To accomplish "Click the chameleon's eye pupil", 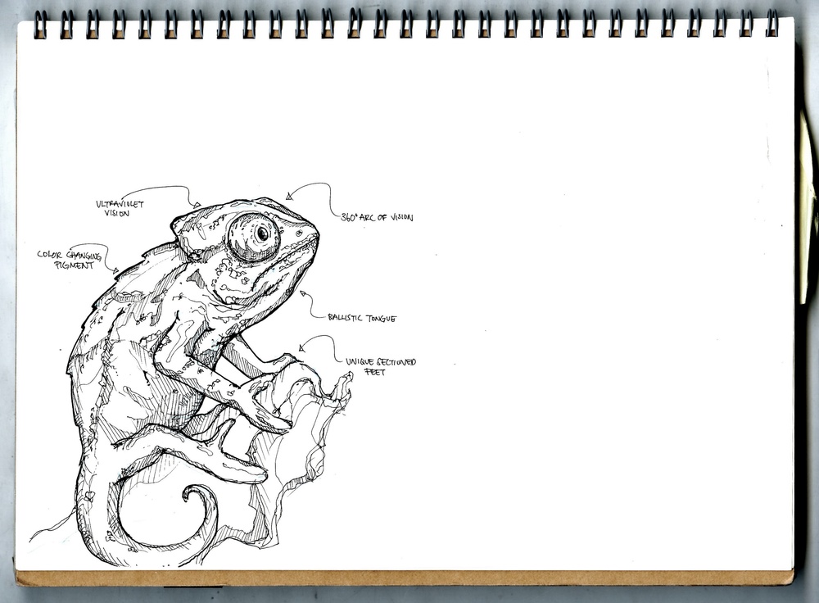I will click(x=263, y=233).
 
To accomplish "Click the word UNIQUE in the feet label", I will click(x=360, y=361).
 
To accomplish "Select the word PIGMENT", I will click(x=79, y=265).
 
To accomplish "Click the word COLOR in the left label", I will click(x=50, y=255).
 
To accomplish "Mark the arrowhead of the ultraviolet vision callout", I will click(x=196, y=203).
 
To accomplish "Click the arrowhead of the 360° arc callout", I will click(x=289, y=196).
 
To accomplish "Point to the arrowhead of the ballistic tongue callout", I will click(x=302, y=292).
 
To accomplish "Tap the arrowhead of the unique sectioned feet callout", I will click(x=301, y=348).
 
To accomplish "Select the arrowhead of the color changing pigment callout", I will click(x=115, y=270).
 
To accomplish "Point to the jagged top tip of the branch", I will click(x=347, y=379).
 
